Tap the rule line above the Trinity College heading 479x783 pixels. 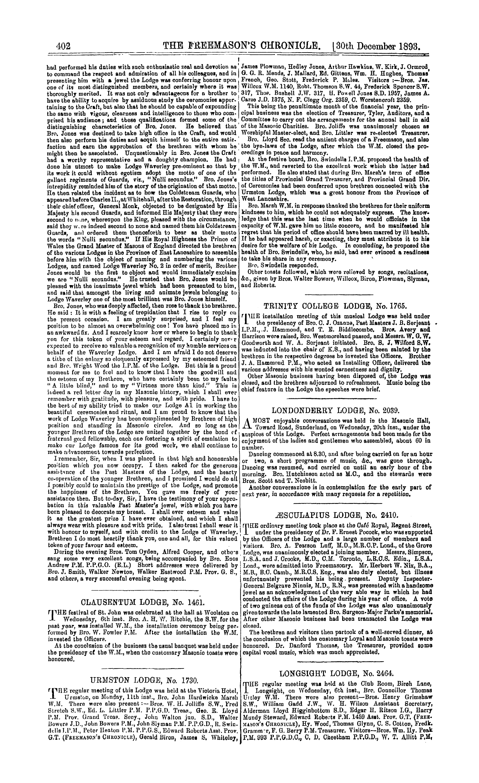click(x=339, y=295)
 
